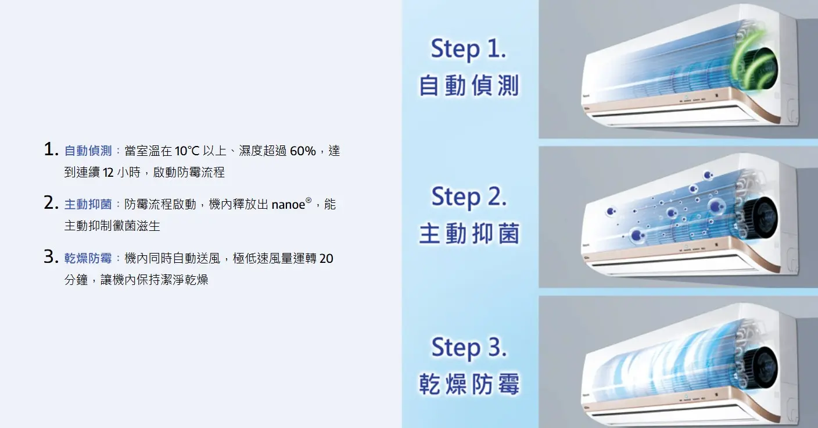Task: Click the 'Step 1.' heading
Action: coord(468,49)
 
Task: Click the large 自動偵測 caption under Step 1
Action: coord(469,85)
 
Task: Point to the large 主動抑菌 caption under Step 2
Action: coord(469,234)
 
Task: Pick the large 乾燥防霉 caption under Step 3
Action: coord(469,384)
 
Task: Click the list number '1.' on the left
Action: coord(51,149)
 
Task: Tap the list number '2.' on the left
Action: coord(51,203)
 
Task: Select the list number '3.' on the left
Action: coord(51,256)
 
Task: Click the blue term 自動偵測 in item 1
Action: coord(88,151)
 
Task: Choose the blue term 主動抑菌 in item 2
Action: coord(88,204)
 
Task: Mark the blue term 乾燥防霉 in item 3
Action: coord(88,258)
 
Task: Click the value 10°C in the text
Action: coord(187,151)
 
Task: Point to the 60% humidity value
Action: coord(303,151)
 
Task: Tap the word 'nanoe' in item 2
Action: coord(288,205)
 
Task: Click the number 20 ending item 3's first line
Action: coord(326,258)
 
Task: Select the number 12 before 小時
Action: coord(109,172)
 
